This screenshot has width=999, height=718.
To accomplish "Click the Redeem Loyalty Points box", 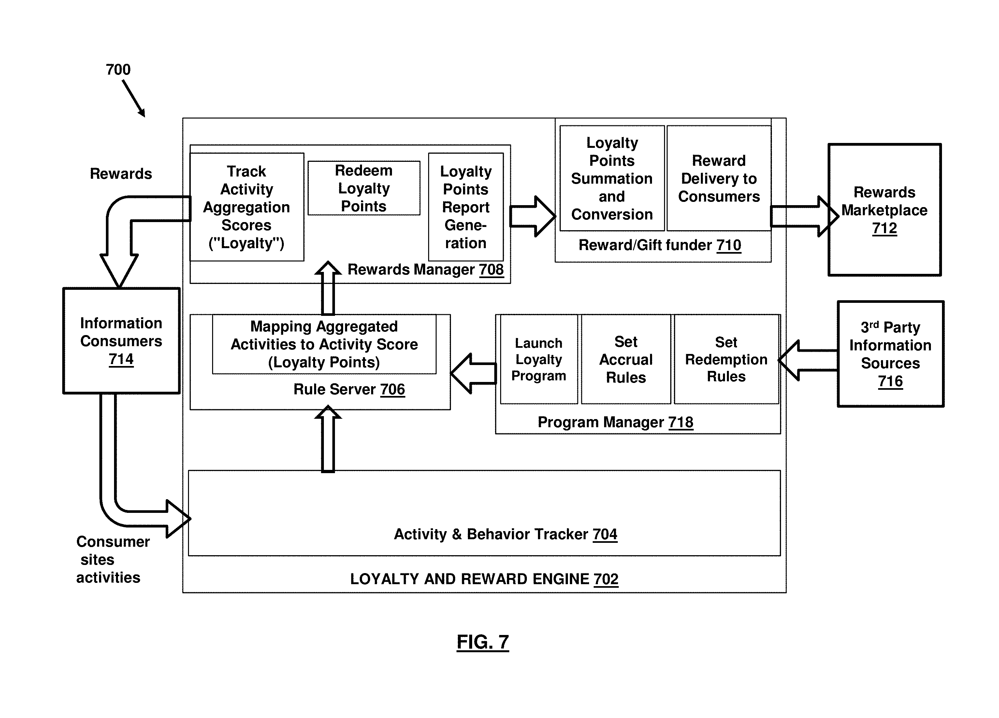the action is [364, 188].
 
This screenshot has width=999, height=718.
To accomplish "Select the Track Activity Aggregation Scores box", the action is [247, 207].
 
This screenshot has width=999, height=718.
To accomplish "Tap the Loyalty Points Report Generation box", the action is [466, 207].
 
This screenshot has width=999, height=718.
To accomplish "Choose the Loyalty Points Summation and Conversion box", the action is [612, 178].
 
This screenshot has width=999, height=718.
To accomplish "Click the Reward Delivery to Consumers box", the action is [719, 178].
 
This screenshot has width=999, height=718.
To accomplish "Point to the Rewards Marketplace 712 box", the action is [885, 210].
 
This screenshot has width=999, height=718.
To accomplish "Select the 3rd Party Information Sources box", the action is [890, 354].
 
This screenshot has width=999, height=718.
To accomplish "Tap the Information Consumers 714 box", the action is [122, 341].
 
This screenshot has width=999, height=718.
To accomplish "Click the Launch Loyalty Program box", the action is [539, 359].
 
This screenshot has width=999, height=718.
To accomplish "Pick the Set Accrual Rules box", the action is [626, 359].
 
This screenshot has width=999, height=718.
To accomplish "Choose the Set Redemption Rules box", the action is [726, 359].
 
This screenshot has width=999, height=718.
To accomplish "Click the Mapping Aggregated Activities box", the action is [324, 344].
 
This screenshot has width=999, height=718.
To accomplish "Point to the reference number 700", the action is [118, 70].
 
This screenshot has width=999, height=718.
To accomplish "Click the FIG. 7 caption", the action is [483, 642].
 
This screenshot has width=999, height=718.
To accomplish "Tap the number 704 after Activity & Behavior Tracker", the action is [605, 534].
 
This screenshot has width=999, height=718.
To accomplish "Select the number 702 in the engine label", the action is [606, 579].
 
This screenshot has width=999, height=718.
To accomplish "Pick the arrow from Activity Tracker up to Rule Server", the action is [328, 439].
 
